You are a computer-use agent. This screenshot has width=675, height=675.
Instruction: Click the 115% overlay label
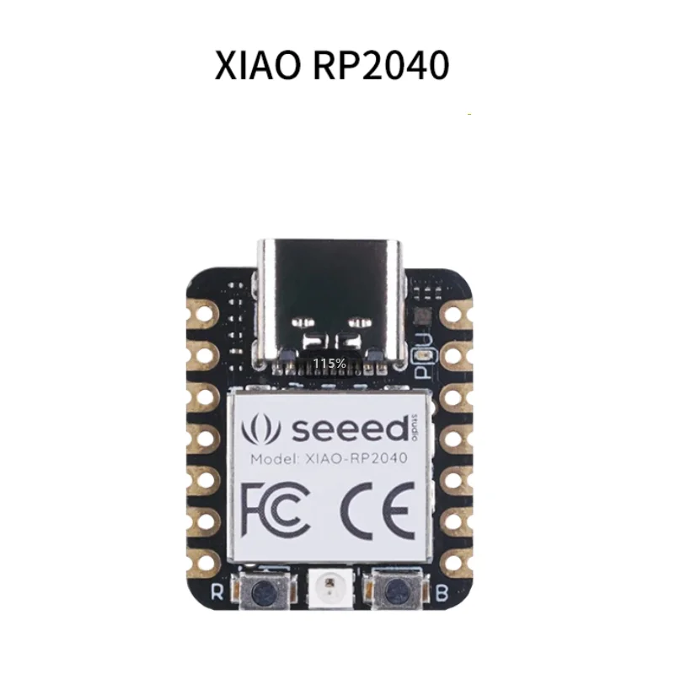(x=329, y=363)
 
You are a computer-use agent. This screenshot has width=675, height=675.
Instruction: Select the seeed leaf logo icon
(x=261, y=429)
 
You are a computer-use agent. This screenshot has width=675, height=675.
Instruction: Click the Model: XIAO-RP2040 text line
(x=329, y=459)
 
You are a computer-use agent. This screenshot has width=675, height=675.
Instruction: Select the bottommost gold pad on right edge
(x=455, y=560)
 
